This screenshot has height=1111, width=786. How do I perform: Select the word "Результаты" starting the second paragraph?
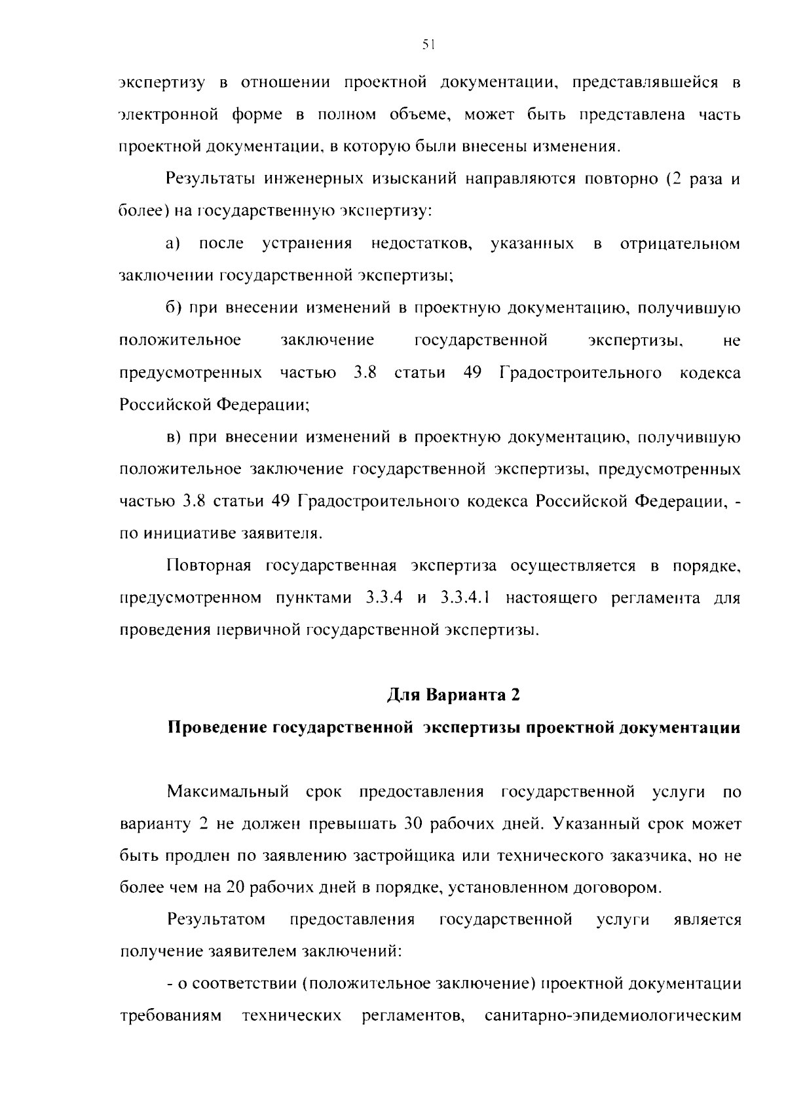(x=209, y=179)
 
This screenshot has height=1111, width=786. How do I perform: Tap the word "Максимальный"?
(x=228, y=791)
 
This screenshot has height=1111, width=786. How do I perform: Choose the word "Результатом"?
(x=216, y=920)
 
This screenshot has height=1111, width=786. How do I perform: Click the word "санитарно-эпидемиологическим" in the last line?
(x=612, y=1016)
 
